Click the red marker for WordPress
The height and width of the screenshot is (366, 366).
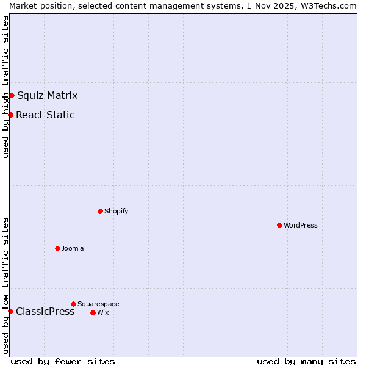click(x=279, y=225)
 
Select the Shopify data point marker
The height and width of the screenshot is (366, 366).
click(x=100, y=211)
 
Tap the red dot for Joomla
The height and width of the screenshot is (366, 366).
click(x=57, y=248)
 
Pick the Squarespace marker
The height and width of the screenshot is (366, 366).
click(x=73, y=304)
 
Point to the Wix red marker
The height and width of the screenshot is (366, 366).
click(x=93, y=312)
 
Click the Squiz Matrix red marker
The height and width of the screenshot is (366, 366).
click(x=12, y=95)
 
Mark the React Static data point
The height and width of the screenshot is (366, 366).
click(x=10, y=115)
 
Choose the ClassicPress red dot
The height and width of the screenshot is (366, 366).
click(x=10, y=311)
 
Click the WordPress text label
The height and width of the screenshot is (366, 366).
click(x=301, y=225)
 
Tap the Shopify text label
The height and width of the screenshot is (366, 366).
click(x=116, y=211)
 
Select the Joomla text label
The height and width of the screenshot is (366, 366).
click(x=73, y=248)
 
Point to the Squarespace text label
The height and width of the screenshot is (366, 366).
click(x=98, y=304)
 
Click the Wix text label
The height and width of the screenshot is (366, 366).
click(x=103, y=312)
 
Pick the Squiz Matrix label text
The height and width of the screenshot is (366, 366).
click(x=48, y=95)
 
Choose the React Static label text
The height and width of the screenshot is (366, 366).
click(x=45, y=115)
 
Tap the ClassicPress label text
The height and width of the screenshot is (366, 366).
click(x=45, y=311)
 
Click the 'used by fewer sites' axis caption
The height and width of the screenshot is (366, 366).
click(x=63, y=361)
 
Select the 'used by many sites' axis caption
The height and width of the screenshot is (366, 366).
click(x=306, y=361)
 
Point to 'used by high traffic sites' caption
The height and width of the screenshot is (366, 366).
click(x=5, y=87)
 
